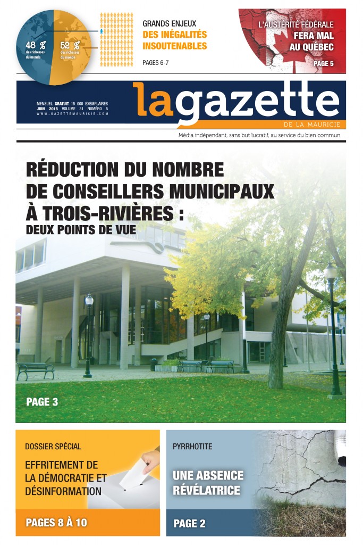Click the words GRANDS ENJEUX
[x=170, y=23]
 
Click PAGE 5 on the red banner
[x=324, y=64]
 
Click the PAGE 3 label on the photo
[x=42, y=402]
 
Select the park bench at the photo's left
[x=36, y=370]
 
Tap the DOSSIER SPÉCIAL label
[x=53, y=447]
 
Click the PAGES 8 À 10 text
[x=56, y=523]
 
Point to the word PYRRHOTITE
[x=192, y=447]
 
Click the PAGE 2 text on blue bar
[x=190, y=524]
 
